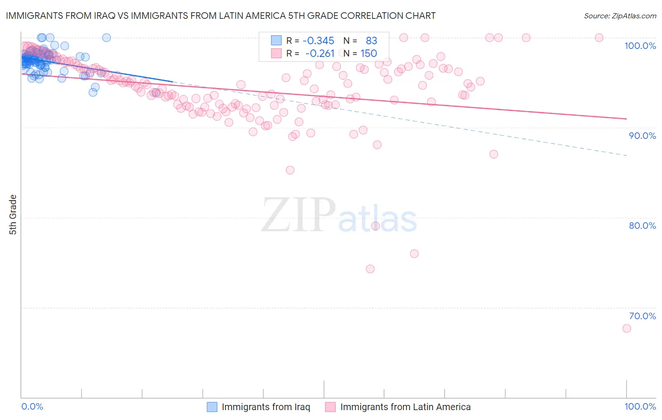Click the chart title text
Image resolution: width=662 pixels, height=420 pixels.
point(220,16)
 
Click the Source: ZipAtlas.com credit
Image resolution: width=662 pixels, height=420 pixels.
point(620,16)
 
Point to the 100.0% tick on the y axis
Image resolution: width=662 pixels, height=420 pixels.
point(640,46)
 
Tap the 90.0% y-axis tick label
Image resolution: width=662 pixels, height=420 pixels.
point(642,136)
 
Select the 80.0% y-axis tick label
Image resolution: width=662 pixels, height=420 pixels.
point(642,226)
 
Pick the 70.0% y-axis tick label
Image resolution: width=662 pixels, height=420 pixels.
point(642,316)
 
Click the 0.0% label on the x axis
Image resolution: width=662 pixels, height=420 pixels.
point(32,406)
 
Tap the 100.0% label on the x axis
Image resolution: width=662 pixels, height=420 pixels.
point(640,406)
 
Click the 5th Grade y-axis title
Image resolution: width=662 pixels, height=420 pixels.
point(13,215)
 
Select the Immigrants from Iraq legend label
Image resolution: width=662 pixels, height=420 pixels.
point(266,407)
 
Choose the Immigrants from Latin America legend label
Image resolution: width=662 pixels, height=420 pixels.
point(405,407)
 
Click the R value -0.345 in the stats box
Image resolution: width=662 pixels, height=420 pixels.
point(318,40)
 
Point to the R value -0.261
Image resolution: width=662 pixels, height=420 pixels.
point(320,53)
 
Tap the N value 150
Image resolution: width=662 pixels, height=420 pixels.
point(369,53)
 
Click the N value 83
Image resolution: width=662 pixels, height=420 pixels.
point(371,40)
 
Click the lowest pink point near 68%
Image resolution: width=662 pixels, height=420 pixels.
point(626,328)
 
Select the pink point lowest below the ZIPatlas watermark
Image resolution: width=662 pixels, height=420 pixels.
point(370,269)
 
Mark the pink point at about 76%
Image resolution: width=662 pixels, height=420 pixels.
point(414,254)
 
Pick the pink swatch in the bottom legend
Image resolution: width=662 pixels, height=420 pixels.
point(330,407)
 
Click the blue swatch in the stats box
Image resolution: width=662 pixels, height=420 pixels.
point(276,40)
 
